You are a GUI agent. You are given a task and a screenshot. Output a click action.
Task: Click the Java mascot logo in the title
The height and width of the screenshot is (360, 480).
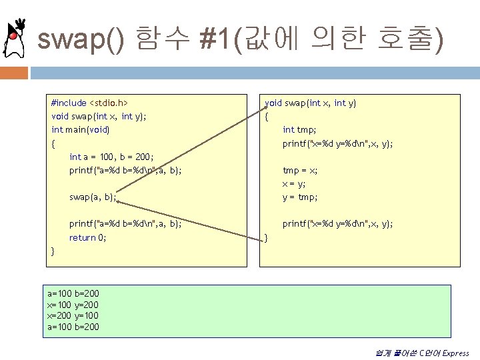tap(14, 40)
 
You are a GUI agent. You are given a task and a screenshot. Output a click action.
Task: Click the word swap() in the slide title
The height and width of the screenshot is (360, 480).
tap(80, 41)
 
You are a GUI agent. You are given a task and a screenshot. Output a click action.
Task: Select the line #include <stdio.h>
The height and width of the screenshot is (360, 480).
tap(89, 103)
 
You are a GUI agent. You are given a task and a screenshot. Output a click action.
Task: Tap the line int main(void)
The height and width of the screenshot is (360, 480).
tap(81, 130)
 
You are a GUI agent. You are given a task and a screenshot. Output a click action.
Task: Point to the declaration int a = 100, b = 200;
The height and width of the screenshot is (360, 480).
tap(112, 157)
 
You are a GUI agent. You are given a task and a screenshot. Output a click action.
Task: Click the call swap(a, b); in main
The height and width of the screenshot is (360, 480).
tap(93, 197)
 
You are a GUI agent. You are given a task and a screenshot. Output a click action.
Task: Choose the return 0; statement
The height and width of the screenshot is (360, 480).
tap(88, 238)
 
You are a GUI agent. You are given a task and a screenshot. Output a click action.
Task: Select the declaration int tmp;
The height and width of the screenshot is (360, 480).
tap(299, 130)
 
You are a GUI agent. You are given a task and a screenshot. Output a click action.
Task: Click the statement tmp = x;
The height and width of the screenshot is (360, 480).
tap(300, 171)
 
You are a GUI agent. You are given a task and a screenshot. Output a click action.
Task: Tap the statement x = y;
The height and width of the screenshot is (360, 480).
tap(294, 184)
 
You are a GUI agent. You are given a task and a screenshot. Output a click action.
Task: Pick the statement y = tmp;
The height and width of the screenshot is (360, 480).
tap(300, 197)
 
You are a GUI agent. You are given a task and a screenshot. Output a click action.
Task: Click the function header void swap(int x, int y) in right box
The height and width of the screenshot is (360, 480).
tap(311, 103)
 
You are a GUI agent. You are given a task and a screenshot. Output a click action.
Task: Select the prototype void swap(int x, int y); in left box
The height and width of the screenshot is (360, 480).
tap(99, 117)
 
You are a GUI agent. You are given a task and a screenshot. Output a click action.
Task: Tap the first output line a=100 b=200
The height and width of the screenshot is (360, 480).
tap(73, 293)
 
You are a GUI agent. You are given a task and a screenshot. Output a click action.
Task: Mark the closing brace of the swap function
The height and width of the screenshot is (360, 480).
tap(267, 238)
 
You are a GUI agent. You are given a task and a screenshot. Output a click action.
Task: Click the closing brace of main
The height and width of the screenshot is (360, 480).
tap(53, 251)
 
